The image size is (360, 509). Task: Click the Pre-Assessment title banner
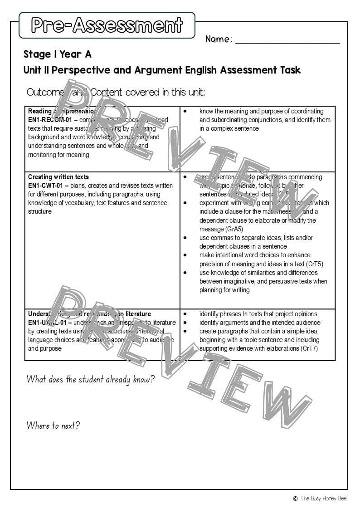[x=107, y=25]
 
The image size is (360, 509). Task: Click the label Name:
[x=219, y=39]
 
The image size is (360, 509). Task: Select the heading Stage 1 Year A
[x=58, y=54]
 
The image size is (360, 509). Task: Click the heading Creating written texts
[x=58, y=177]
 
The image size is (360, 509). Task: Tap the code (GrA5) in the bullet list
[x=234, y=229]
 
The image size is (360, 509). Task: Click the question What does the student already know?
[x=90, y=379]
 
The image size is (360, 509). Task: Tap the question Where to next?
[x=53, y=426]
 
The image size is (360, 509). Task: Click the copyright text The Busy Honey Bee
[x=323, y=498]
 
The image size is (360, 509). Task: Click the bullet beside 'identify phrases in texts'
[x=185, y=314]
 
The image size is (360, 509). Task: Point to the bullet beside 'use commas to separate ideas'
[x=185, y=238]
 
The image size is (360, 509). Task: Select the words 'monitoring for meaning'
[x=58, y=155]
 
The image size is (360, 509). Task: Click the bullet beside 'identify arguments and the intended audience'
[x=185, y=323]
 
